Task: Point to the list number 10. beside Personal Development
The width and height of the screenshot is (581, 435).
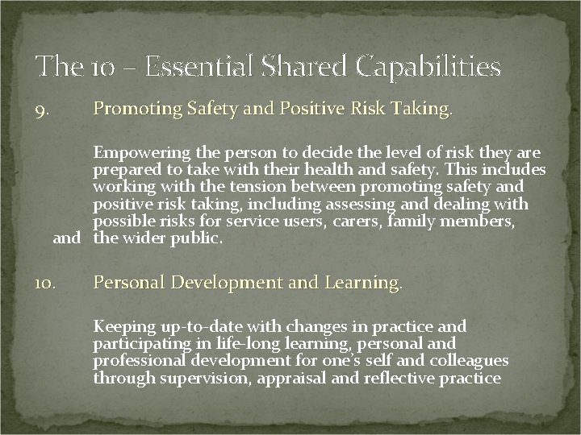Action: (45, 284)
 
